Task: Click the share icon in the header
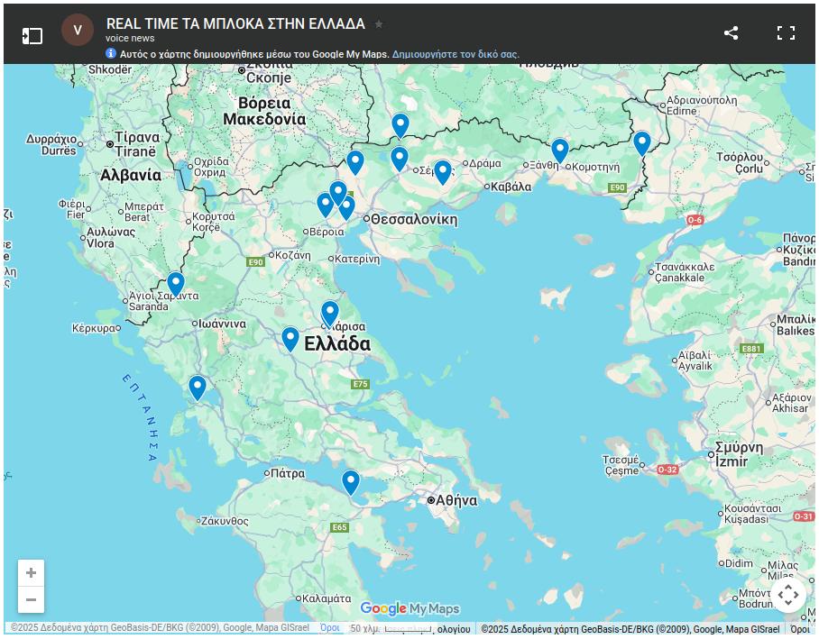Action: point(731,33)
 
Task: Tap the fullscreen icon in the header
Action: point(786,33)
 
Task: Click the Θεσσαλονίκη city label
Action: point(414,219)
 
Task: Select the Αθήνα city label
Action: point(456,500)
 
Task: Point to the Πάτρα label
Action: point(287,472)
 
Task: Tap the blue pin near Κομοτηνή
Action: point(560,150)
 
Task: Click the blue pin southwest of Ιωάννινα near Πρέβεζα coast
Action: point(198,387)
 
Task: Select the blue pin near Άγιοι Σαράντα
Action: point(176,283)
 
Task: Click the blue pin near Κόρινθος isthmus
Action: point(351,481)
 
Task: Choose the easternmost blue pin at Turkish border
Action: point(642,142)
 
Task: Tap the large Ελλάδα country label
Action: point(337,344)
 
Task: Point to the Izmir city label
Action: point(732,461)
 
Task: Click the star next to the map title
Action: point(379,24)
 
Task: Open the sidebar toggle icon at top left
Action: point(32,35)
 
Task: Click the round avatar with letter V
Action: point(78,30)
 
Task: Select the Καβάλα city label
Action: point(510,187)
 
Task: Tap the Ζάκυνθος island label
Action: point(225,521)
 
